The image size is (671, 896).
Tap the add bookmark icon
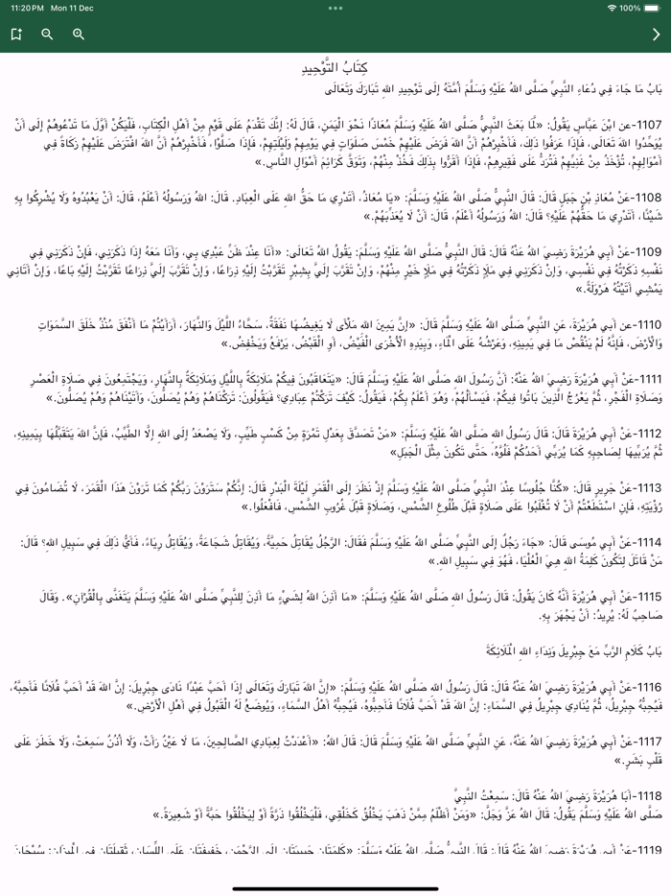(16, 35)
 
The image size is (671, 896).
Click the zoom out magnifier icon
(47, 35)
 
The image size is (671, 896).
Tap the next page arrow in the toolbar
(656, 35)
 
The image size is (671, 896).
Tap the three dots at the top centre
(335, 8)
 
